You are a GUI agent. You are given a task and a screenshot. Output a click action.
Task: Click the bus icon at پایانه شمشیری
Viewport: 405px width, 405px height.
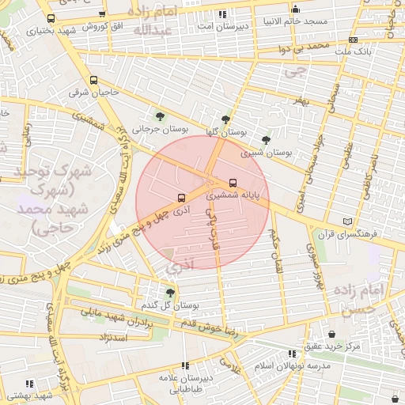[x=232, y=181]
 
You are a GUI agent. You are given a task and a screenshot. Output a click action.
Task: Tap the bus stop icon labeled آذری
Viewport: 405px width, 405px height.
[x=181, y=198]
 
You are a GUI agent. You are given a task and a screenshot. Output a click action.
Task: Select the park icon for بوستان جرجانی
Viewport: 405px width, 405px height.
[x=161, y=115]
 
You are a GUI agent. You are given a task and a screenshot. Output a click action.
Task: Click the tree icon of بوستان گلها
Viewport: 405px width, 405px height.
[x=226, y=120]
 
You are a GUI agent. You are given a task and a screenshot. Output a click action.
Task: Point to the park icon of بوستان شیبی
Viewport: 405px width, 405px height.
[x=265, y=139]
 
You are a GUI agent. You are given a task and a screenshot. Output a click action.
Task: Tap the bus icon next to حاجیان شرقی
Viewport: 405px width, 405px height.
[x=94, y=80]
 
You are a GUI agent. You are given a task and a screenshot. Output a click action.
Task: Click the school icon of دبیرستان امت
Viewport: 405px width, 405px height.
[x=222, y=14]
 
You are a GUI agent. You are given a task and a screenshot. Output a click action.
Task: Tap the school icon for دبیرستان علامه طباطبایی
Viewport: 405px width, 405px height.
[x=185, y=365]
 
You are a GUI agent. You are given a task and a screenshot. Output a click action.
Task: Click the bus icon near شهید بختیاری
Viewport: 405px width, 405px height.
[x=51, y=19]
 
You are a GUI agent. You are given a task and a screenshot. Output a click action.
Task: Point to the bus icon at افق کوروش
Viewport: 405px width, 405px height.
[x=102, y=14]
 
